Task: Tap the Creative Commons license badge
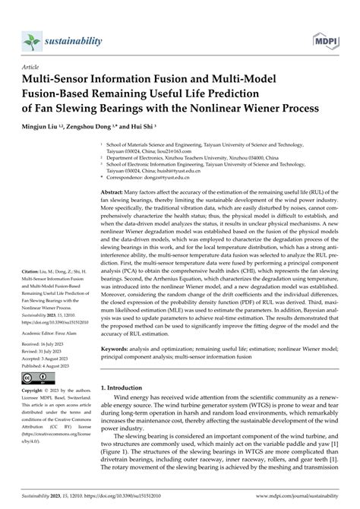pos(33,378)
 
